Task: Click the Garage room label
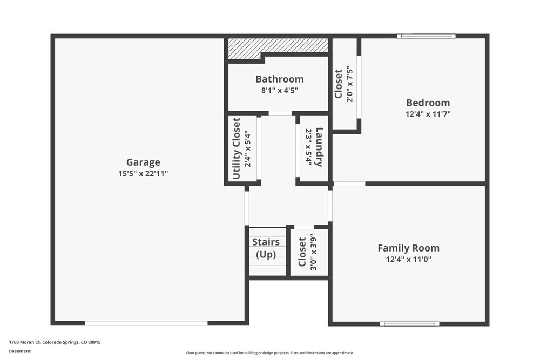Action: point(143,162)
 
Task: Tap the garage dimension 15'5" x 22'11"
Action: point(143,173)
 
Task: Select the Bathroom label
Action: point(279,79)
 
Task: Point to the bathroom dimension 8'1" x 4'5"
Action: point(279,90)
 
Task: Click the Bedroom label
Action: point(428,103)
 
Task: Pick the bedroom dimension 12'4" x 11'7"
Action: point(428,114)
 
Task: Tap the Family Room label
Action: point(408,248)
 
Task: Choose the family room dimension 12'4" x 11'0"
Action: point(408,259)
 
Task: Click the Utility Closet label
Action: point(236,148)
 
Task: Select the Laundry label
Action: point(319,147)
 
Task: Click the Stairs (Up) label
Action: point(266,248)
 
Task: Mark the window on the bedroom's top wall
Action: point(426,36)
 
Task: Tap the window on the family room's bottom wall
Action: point(409,324)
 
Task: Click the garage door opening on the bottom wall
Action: point(146,323)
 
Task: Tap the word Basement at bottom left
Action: point(20,351)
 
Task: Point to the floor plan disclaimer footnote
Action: point(270,352)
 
